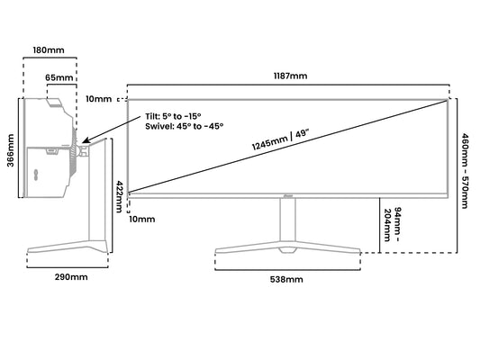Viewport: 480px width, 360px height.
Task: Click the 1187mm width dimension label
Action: coord(290,76)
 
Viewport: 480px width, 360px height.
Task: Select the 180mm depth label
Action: coord(49,49)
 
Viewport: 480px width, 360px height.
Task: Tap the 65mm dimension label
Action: coord(59,77)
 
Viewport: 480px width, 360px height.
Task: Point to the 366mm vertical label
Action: coord(11,150)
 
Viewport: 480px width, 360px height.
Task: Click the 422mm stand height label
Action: coord(120,196)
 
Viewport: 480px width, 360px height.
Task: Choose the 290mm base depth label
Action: coord(71,277)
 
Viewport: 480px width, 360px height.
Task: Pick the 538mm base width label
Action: coord(286,280)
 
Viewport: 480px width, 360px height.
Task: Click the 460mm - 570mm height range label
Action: coord(465,171)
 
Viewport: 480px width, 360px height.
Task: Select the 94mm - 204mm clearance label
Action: coord(393,224)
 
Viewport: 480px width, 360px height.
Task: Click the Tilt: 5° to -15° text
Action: coord(173,116)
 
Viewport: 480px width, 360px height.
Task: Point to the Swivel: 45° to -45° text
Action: coord(185,126)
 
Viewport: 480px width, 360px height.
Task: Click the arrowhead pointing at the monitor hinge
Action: coord(86,140)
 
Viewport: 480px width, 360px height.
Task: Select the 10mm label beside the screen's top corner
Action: coord(98,99)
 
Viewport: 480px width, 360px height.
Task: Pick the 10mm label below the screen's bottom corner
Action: coord(141,220)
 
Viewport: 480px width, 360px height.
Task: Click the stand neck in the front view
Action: coord(288,220)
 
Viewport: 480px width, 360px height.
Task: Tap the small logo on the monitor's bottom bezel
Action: coord(288,196)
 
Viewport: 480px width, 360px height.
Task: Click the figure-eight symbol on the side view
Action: coord(36,175)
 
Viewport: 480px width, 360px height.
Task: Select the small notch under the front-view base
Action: coord(288,250)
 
